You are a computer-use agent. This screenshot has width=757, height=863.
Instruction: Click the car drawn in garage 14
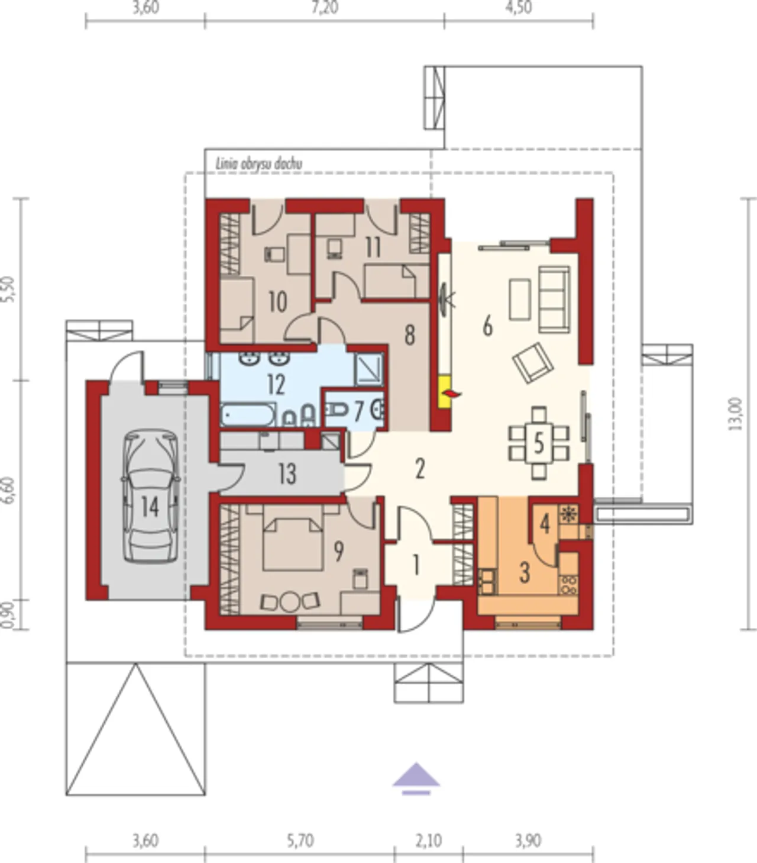pos(150,496)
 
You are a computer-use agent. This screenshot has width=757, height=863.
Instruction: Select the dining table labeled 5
pos(539,443)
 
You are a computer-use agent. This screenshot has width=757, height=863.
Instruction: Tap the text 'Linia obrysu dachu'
pos(259,164)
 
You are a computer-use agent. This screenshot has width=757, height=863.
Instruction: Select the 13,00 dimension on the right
pos(736,414)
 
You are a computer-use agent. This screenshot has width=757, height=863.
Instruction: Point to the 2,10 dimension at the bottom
pos(428,841)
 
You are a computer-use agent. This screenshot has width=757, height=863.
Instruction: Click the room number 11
pos(373,247)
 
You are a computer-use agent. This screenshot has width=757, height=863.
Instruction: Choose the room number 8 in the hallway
pos(409,335)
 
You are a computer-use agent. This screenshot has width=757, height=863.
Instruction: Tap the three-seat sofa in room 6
pos(554,299)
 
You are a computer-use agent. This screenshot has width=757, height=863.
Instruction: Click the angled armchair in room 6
pos(533,363)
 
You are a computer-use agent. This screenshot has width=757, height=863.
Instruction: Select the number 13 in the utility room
pos(287,474)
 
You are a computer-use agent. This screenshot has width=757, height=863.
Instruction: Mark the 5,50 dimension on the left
pos(9,289)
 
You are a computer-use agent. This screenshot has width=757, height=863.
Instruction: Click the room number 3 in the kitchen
pos(525,572)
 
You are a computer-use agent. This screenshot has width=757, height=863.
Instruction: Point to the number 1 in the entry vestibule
pos(416,566)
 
